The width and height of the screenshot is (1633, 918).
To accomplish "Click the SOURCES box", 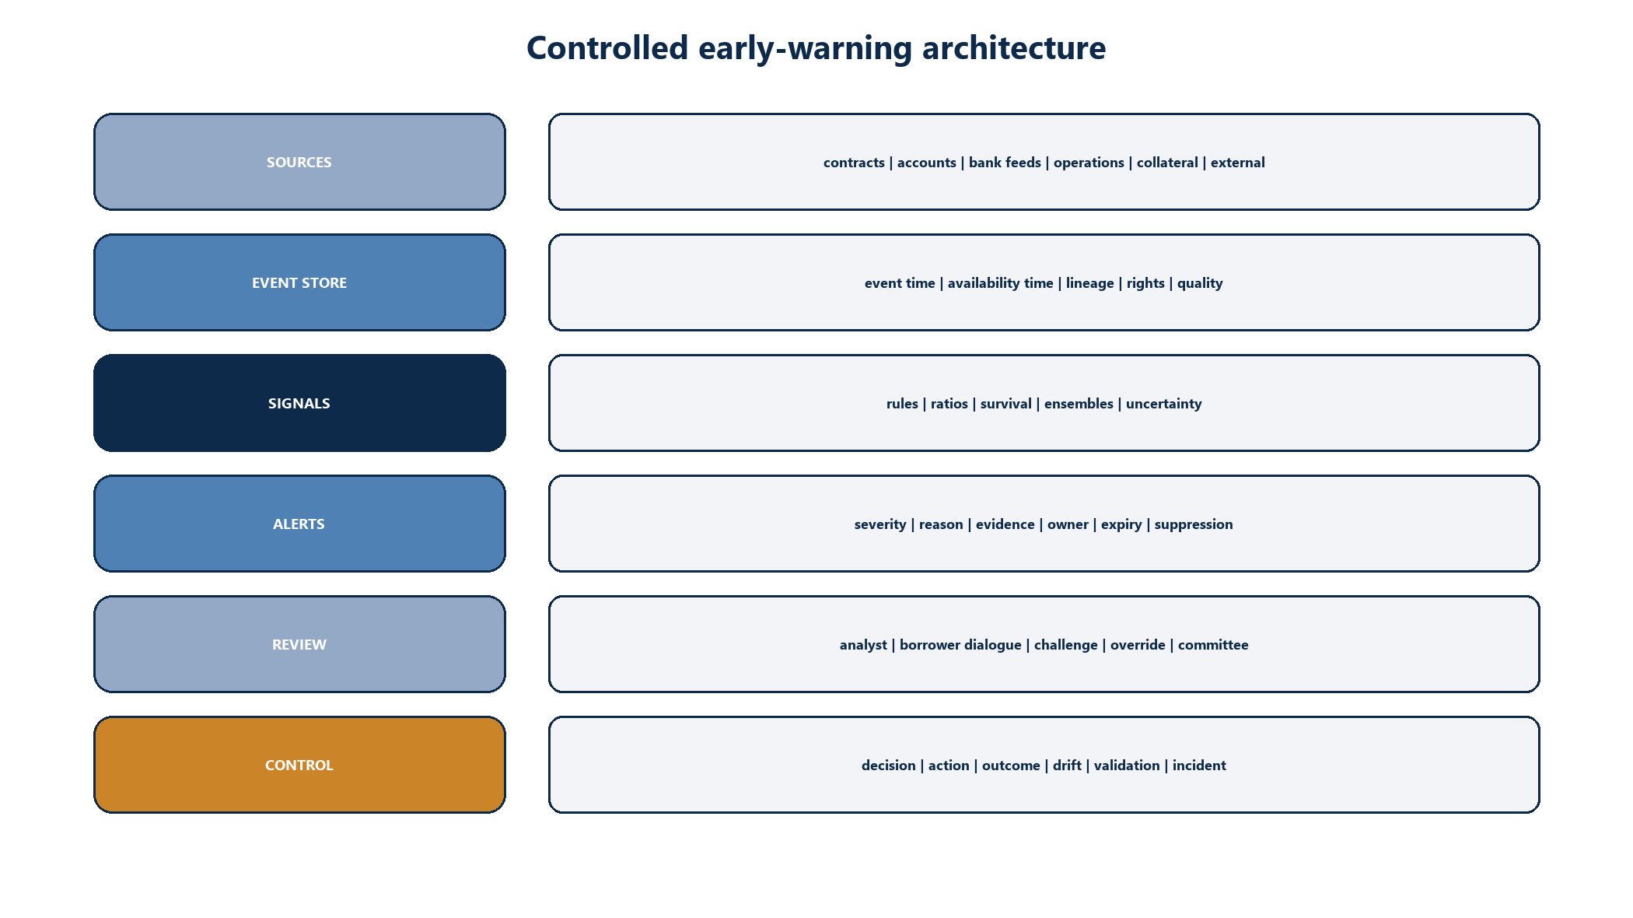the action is (299, 162).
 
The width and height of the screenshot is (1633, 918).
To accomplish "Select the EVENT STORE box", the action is (299, 282).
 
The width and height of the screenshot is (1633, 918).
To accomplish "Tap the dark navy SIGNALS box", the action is (299, 403).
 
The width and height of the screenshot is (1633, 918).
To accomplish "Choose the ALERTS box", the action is (299, 524).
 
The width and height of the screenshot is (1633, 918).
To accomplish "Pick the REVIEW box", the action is (299, 644).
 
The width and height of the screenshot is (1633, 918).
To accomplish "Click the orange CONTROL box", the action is (299, 765).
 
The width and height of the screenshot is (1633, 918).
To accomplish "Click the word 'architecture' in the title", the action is (1014, 47).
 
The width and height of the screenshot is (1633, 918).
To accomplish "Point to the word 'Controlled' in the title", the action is (607, 47).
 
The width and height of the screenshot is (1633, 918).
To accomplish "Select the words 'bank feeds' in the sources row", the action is (1005, 163).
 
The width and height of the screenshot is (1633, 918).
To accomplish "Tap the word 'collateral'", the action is (1167, 163).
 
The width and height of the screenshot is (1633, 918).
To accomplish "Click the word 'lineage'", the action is (1089, 283).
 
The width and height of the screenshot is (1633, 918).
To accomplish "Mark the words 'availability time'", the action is (1000, 283).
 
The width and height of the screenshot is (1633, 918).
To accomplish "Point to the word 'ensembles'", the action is (1079, 404).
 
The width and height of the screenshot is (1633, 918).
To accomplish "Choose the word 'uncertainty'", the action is (1163, 404).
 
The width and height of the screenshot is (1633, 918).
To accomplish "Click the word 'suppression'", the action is (1194, 524).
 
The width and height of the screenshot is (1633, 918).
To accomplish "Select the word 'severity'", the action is (880, 524).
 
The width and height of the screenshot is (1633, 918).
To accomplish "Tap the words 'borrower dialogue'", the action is (960, 645).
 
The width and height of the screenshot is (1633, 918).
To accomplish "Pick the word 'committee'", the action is (1213, 645).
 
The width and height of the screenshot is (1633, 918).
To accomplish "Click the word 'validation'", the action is (1127, 766).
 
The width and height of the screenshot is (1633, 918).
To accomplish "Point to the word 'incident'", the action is (1199, 766).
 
